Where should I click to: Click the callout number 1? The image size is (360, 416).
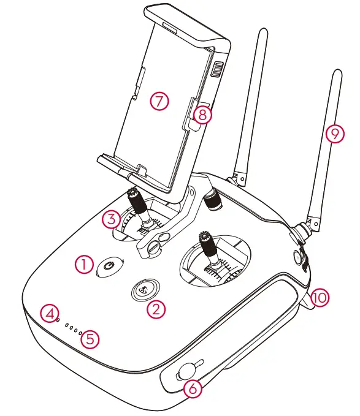(x=84, y=264)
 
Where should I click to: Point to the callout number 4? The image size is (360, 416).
(x=50, y=312)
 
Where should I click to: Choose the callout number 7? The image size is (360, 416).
(x=159, y=102)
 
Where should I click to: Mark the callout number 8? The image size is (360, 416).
(x=203, y=114)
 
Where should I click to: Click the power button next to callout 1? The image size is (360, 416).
(x=109, y=267)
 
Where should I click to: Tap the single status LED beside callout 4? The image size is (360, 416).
(x=58, y=319)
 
